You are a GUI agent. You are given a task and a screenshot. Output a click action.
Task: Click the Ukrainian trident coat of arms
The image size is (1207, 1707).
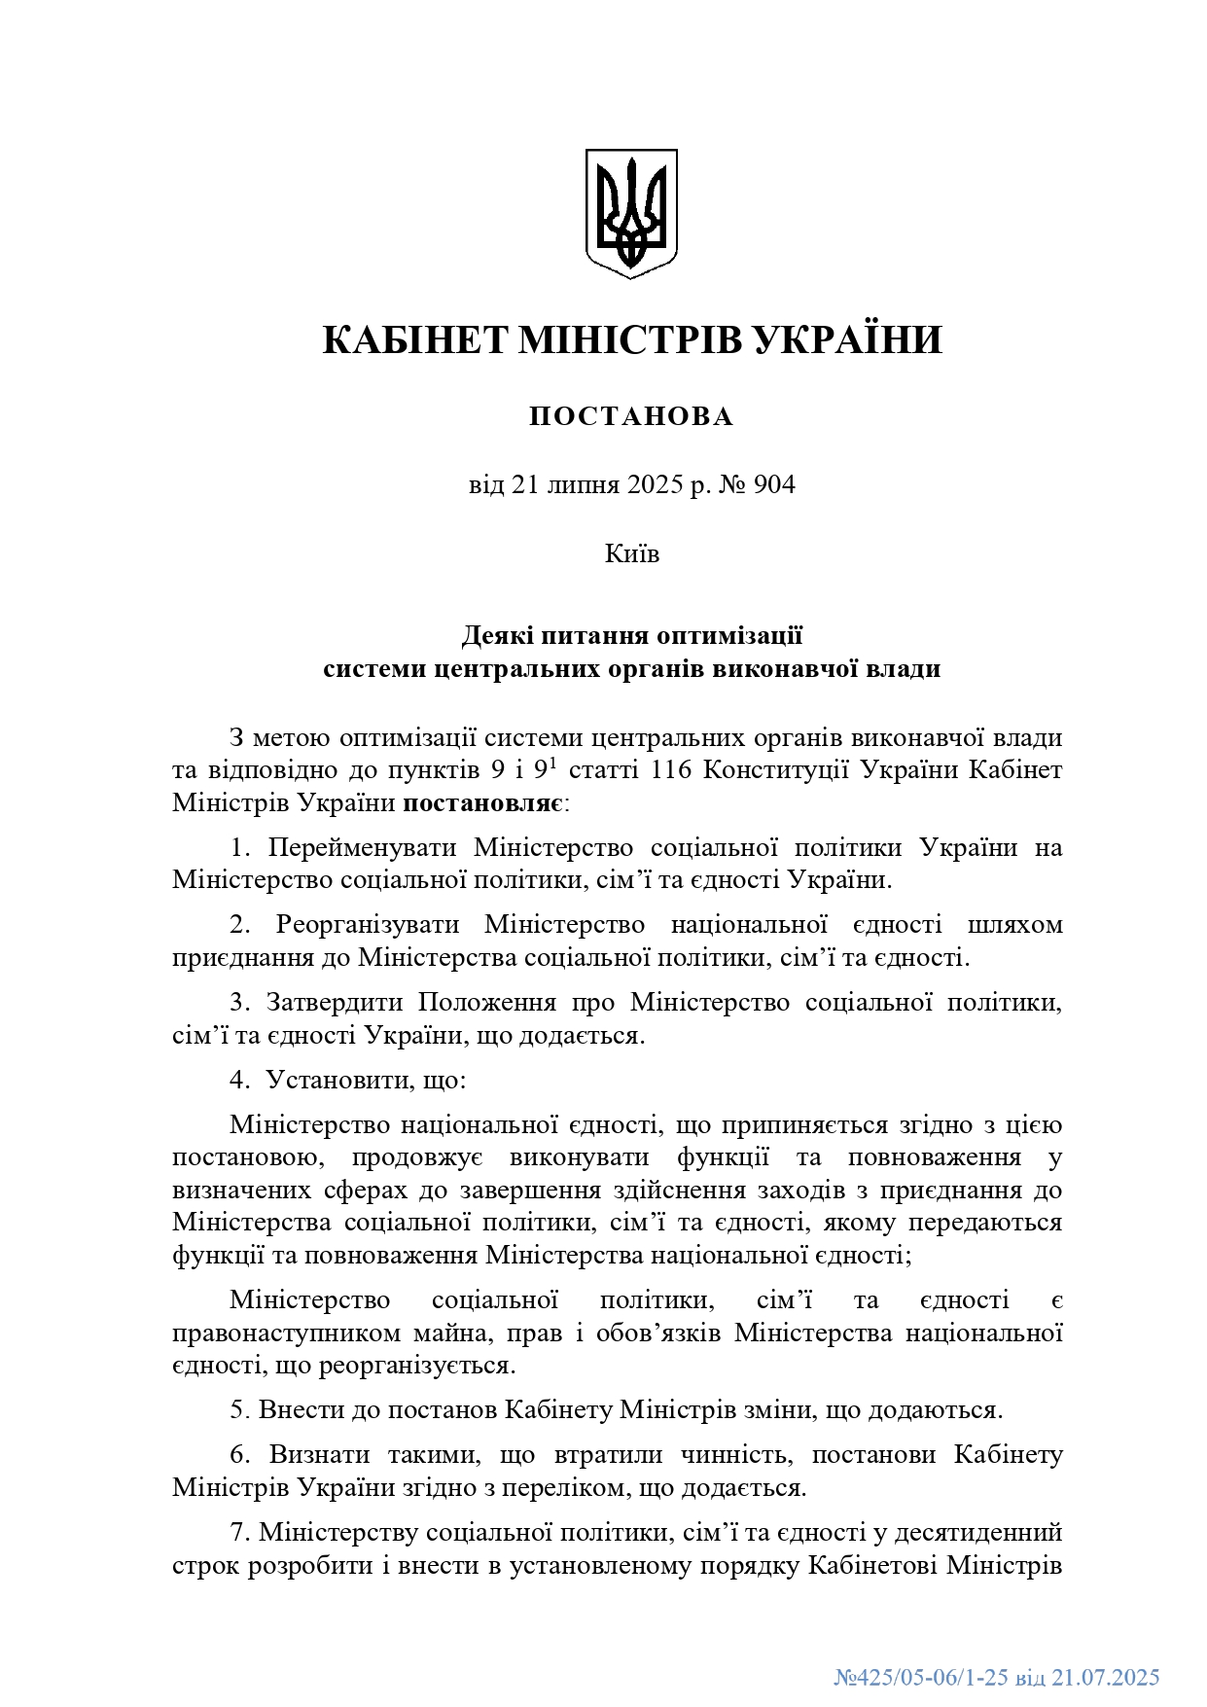click(631, 213)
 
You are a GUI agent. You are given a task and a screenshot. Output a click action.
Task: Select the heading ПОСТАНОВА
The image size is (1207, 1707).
click(631, 417)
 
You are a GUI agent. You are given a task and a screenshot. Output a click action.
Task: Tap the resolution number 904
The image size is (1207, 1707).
click(773, 484)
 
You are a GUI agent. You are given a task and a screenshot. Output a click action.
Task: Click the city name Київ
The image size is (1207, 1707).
click(632, 554)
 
